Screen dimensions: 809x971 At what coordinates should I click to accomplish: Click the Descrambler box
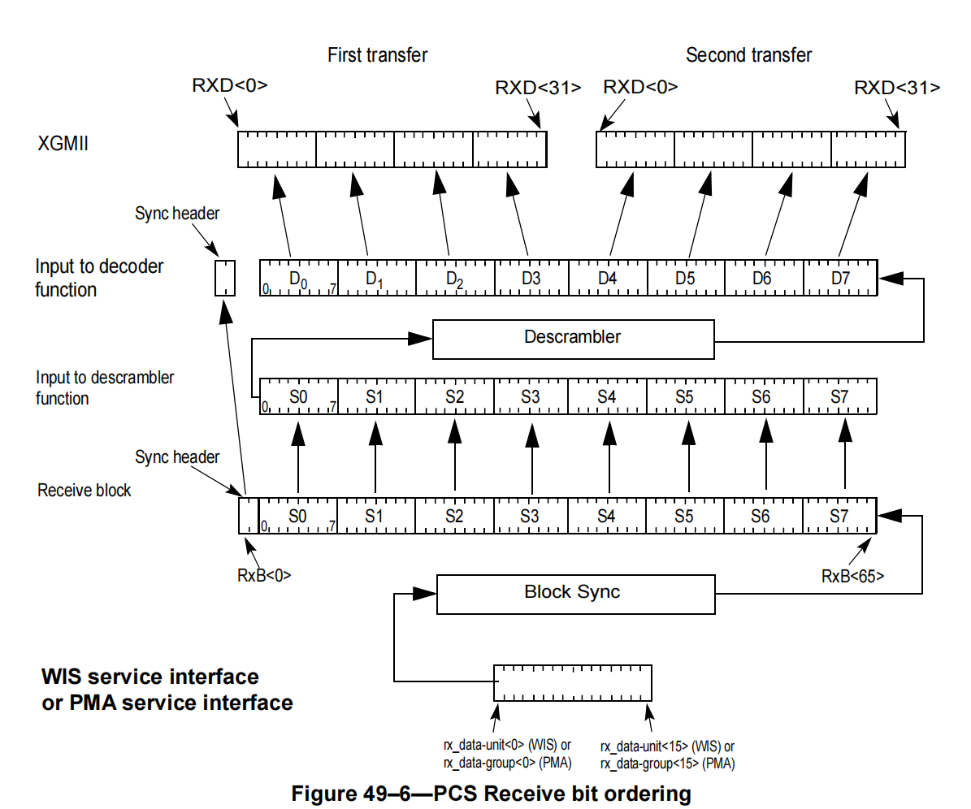(x=573, y=339)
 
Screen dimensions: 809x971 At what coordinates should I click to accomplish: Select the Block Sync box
(x=575, y=594)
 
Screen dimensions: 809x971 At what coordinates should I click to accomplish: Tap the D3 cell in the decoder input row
(x=531, y=278)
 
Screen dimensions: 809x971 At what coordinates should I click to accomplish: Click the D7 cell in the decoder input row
(x=840, y=278)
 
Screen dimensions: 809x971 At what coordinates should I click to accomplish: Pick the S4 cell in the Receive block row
(x=606, y=516)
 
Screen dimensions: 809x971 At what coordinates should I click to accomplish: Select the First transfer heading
(x=377, y=55)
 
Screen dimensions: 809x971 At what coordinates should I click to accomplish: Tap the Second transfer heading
(x=748, y=55)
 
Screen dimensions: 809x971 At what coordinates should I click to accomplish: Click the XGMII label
(x=63, y=145)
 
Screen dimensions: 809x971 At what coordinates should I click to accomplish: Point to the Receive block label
(x=84, y=491)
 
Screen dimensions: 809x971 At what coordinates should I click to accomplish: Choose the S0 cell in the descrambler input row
(x=298, y=396)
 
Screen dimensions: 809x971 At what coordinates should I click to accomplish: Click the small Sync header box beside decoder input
(x=225, y=278)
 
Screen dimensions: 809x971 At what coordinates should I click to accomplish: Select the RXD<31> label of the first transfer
(x=538, y=88)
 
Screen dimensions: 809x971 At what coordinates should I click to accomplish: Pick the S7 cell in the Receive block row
(x=839, y=516)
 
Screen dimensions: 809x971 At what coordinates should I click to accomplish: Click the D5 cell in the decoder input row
(x=685, y=278)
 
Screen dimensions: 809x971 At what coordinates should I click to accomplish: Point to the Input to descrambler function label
(x=105, y=387)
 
